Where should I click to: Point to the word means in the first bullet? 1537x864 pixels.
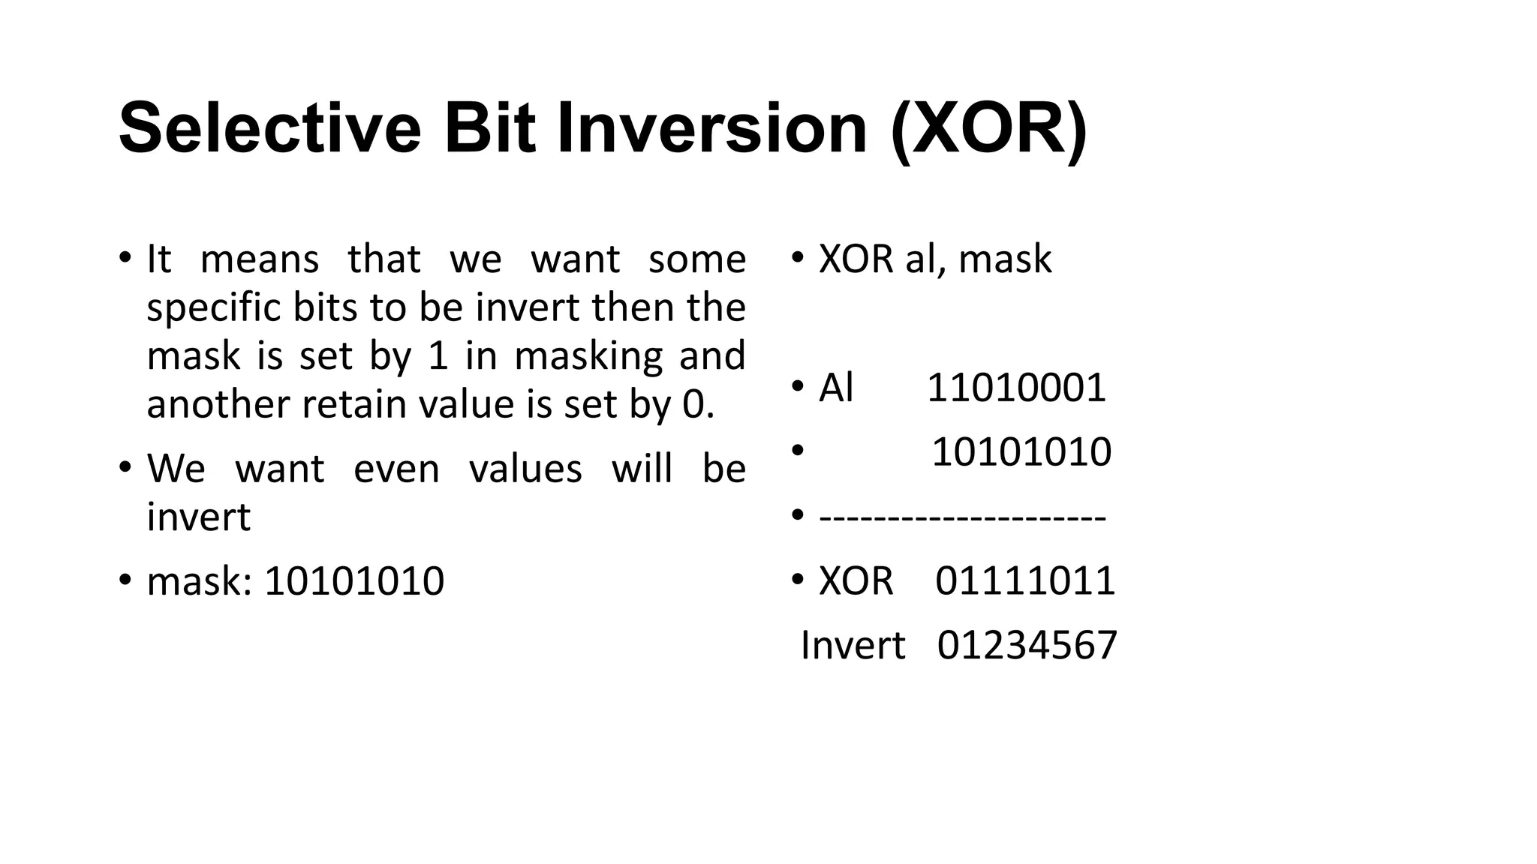(x=260, y=259)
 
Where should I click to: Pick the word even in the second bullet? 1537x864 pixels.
(x=396, y=469)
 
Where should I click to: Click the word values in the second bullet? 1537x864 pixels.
(x=525, y=469)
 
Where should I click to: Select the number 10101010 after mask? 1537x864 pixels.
(x=354, y=581)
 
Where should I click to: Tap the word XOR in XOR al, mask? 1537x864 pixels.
(x=856, y=259)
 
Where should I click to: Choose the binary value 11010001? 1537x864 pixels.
(x=1016, y=388)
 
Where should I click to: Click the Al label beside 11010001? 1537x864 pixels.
(x=836, y=388)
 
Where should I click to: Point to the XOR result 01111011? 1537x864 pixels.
(x=1025, y=581)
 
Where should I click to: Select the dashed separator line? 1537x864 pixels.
(x=962, y=517)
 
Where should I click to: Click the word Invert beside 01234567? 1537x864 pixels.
(x=853, y=646)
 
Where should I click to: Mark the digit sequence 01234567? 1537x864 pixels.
(x=1027, y=646)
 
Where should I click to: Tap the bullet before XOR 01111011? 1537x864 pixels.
(x=797, y=580)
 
